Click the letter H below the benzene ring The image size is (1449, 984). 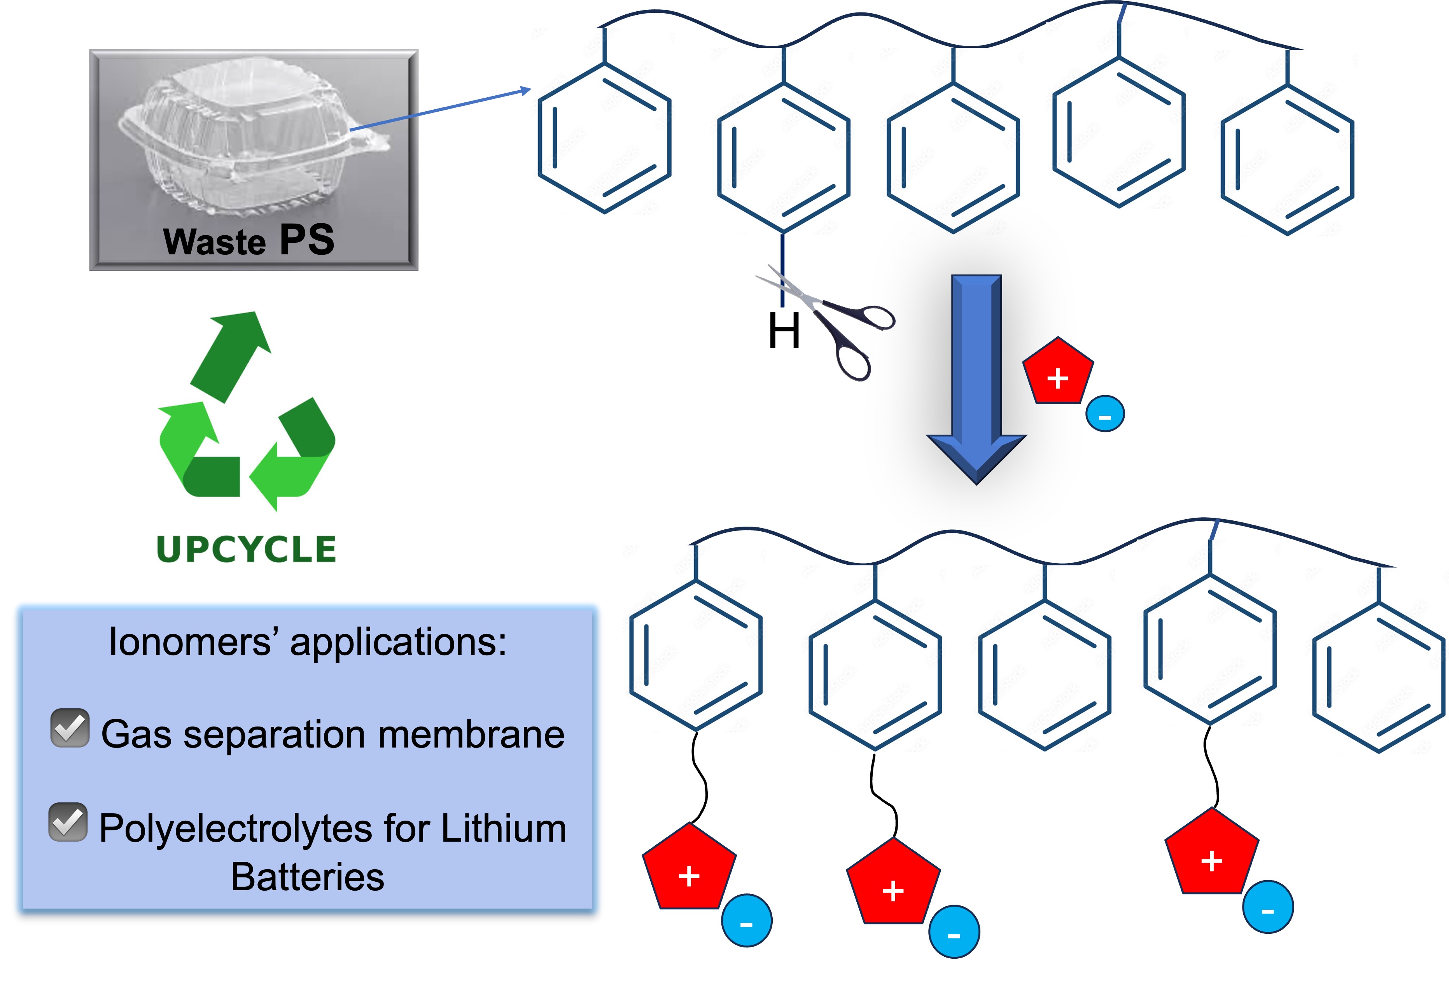[x=784, y=332]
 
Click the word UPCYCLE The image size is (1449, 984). [x=246, y=550]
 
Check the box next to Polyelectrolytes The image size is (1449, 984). [x=68, y=822]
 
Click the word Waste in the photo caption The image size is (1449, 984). [x=214, y=242]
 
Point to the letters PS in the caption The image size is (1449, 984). [x=307, y=240]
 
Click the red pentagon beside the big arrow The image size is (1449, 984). [x=1057, y=373]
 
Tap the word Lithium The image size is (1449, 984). [x=504, y=829]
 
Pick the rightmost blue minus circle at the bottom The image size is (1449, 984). [x=1267, y=907]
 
